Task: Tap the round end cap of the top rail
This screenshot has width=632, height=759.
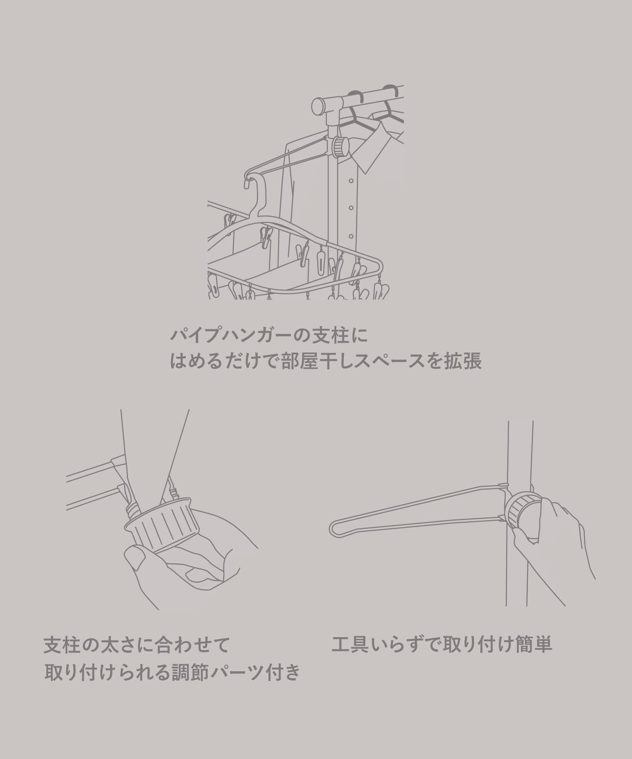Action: (318, 105)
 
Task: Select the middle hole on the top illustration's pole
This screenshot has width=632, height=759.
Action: (350, 207)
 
